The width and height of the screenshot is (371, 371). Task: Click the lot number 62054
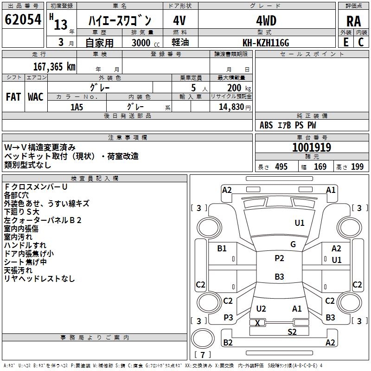coord(23,20)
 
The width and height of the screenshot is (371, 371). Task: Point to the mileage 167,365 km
coord(54,66)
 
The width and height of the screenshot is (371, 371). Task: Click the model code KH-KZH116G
coord(266,43)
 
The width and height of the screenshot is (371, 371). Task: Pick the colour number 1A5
coord(77,107)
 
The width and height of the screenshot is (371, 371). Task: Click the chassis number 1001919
coord(312,147)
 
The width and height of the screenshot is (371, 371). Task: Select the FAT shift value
coord(13,96)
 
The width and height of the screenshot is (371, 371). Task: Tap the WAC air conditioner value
coord(36,96)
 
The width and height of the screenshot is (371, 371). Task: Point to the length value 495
coord(281,167)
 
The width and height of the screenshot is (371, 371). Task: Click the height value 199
coord(357,167)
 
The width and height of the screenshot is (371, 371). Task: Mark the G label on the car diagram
coord(293,244)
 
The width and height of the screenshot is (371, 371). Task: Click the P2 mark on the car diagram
coord(279,258)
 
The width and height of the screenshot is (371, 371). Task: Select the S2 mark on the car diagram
coord(292,332)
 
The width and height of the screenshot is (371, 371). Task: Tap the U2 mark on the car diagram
coord(261,309)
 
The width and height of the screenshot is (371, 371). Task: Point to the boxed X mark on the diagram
coord(258,322)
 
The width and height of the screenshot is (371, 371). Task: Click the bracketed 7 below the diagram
coord(205,355)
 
